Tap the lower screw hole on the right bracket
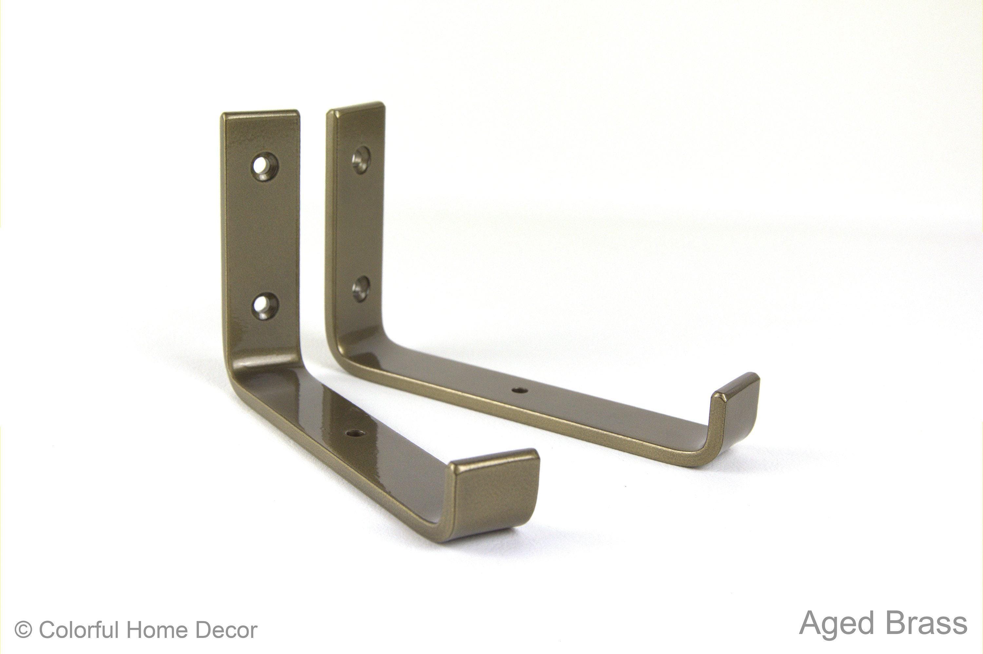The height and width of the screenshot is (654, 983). click(360, 288)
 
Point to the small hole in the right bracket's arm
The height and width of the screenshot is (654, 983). click(519, 390)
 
